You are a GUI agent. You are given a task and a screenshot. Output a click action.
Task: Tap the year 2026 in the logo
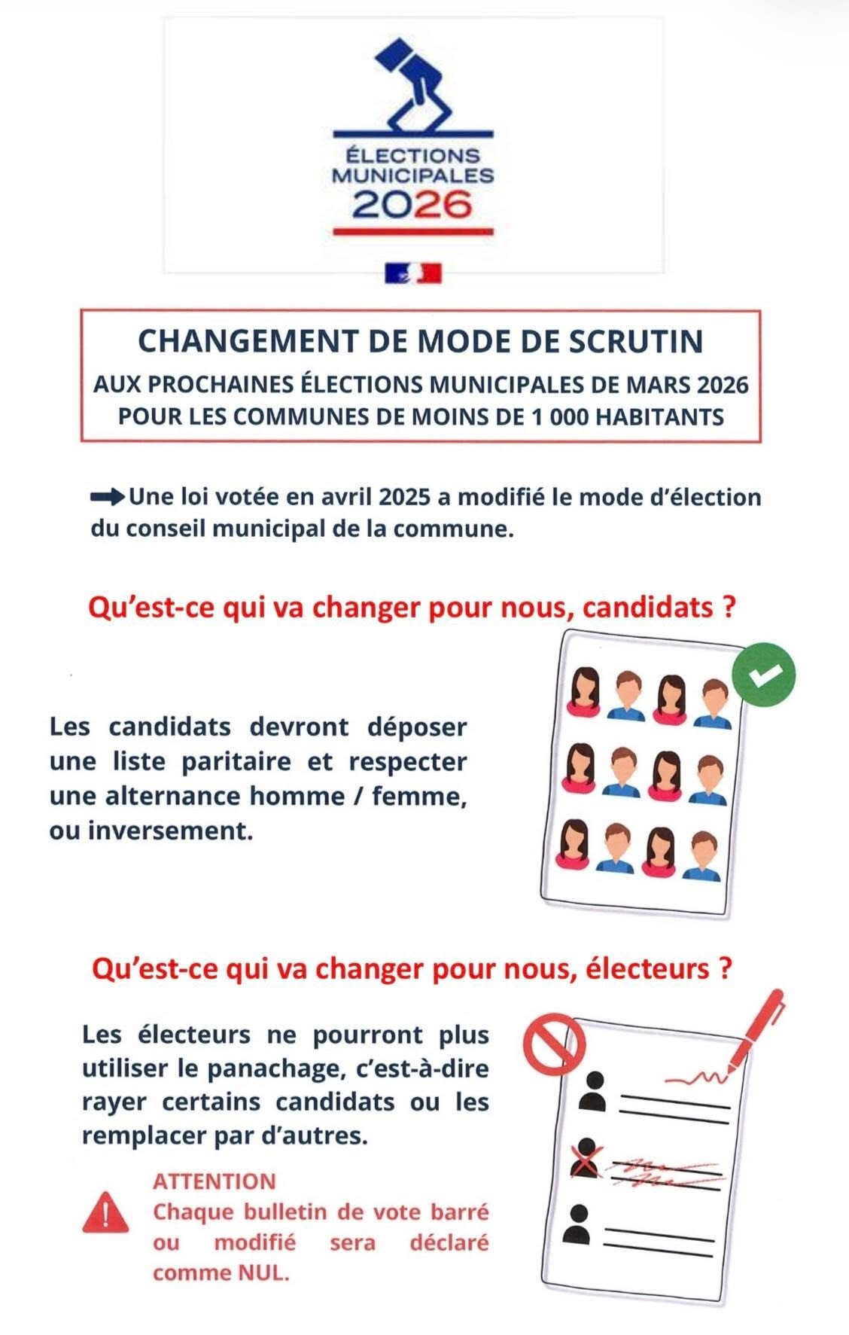412,204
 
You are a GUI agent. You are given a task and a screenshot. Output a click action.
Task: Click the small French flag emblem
413,273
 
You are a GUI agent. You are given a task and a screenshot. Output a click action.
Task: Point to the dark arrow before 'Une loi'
108,497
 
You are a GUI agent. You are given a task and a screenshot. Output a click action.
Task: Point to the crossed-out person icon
586,1160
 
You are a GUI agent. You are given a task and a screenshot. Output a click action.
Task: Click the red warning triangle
106,1212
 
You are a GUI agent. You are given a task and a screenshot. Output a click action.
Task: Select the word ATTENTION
215,1181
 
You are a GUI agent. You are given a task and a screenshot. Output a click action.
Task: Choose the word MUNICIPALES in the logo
412,176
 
